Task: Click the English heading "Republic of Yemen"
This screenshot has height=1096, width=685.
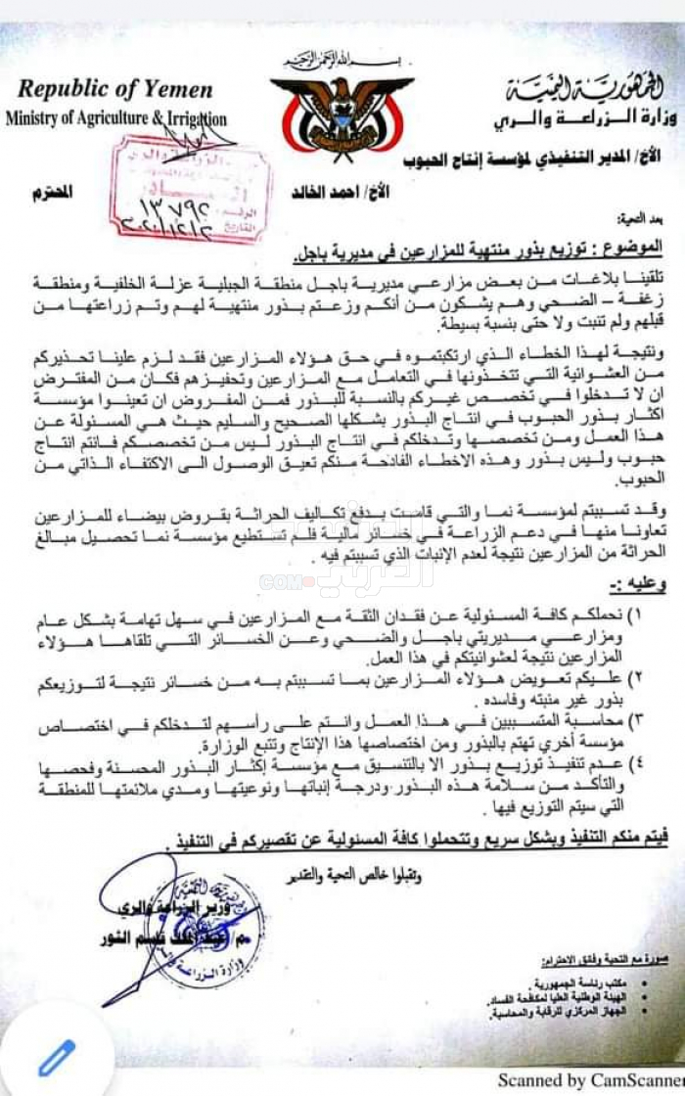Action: [x=114, y=90]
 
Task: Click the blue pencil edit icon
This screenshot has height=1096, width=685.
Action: [x=56, y=1057]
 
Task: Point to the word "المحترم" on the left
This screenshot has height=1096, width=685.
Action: [x=56, y=192]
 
